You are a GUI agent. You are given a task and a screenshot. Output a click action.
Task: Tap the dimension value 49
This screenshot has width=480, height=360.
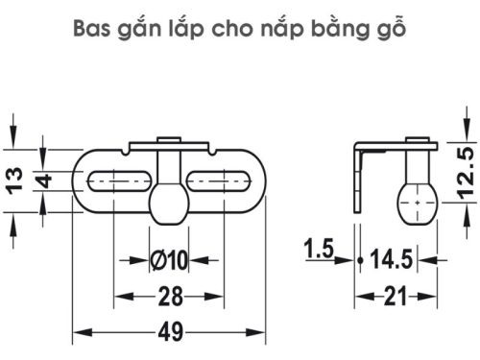[x=170, y=332]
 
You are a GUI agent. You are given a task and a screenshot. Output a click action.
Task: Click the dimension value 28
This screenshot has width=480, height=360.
[x=170, y=295]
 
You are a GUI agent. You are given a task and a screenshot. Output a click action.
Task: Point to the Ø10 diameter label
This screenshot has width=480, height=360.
[x=169, y=259]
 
